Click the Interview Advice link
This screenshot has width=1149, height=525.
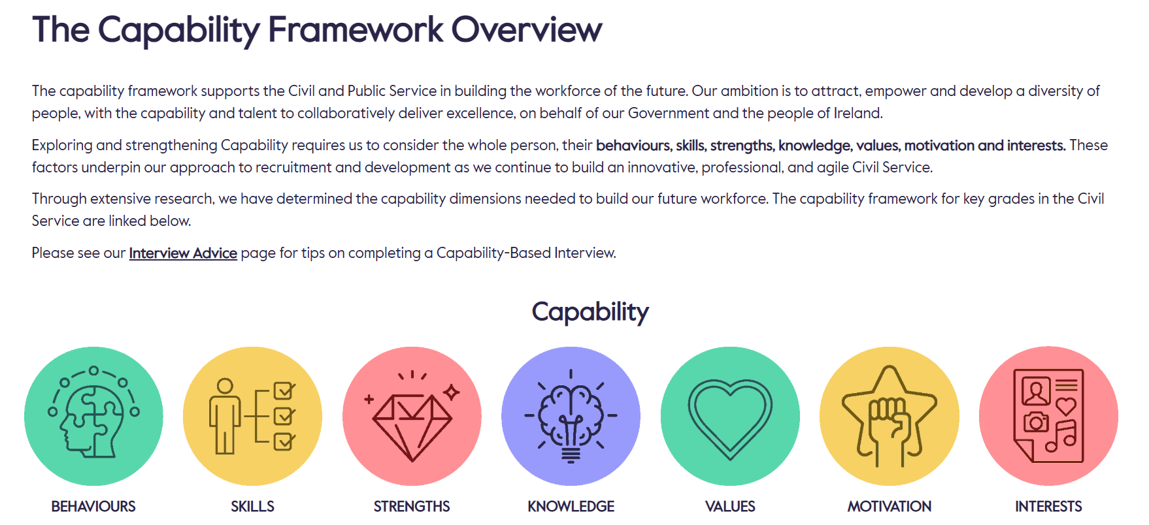pyautogui.click(x=183, y=253)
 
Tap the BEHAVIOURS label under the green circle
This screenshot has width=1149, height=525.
pyautogui.click(x=93, y=506)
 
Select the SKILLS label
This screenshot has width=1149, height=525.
pyautogui.click(x=252, y=506)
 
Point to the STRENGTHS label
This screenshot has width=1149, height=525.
pyautogui.click(x=412, y=506)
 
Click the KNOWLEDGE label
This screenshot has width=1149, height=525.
pyautogui.click(x=571, y=506)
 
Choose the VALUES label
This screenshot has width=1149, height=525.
pyautogui.click(x=730, y=506)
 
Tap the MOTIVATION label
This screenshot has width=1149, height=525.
pyautogui.click(x=889, y=506)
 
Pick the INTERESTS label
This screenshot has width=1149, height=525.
pyautogui.click(x=1048, y=506)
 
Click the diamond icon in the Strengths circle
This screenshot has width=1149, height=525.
pyautogui.click(x=412, y=424)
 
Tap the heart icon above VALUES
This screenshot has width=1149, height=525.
pyautogui.click(x=730, y=417)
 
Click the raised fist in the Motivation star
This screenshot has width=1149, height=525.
pyautogui.click(x=889, y=418)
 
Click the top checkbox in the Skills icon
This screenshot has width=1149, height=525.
pyautogui.click(x=284, y=390)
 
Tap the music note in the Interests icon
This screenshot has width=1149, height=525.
pyautogui.click(x=1061, y=436)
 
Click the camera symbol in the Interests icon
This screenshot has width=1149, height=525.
pyautogui.click(x=1035, y=422)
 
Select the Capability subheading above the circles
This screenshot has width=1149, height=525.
pyautogui.click(x=590, y=312)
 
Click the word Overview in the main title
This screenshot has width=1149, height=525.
pyautogui.click(x=526, y=30)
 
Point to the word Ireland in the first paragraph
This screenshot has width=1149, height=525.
pyautogui.click(x=857, y=113)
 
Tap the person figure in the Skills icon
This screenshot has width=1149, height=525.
pyautogui.click(x=225, y=415)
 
